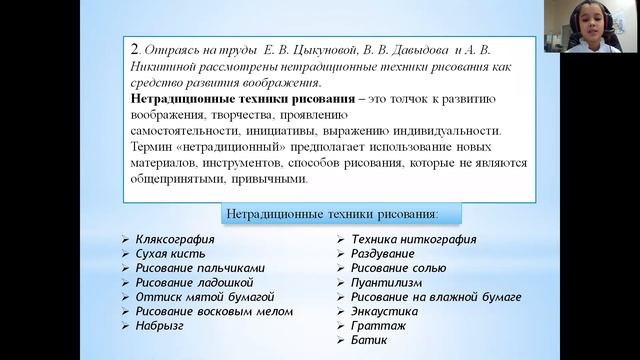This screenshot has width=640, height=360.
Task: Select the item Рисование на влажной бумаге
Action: (x=436, y=297)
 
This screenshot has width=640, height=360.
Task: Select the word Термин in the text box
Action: (x=156, y=147)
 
